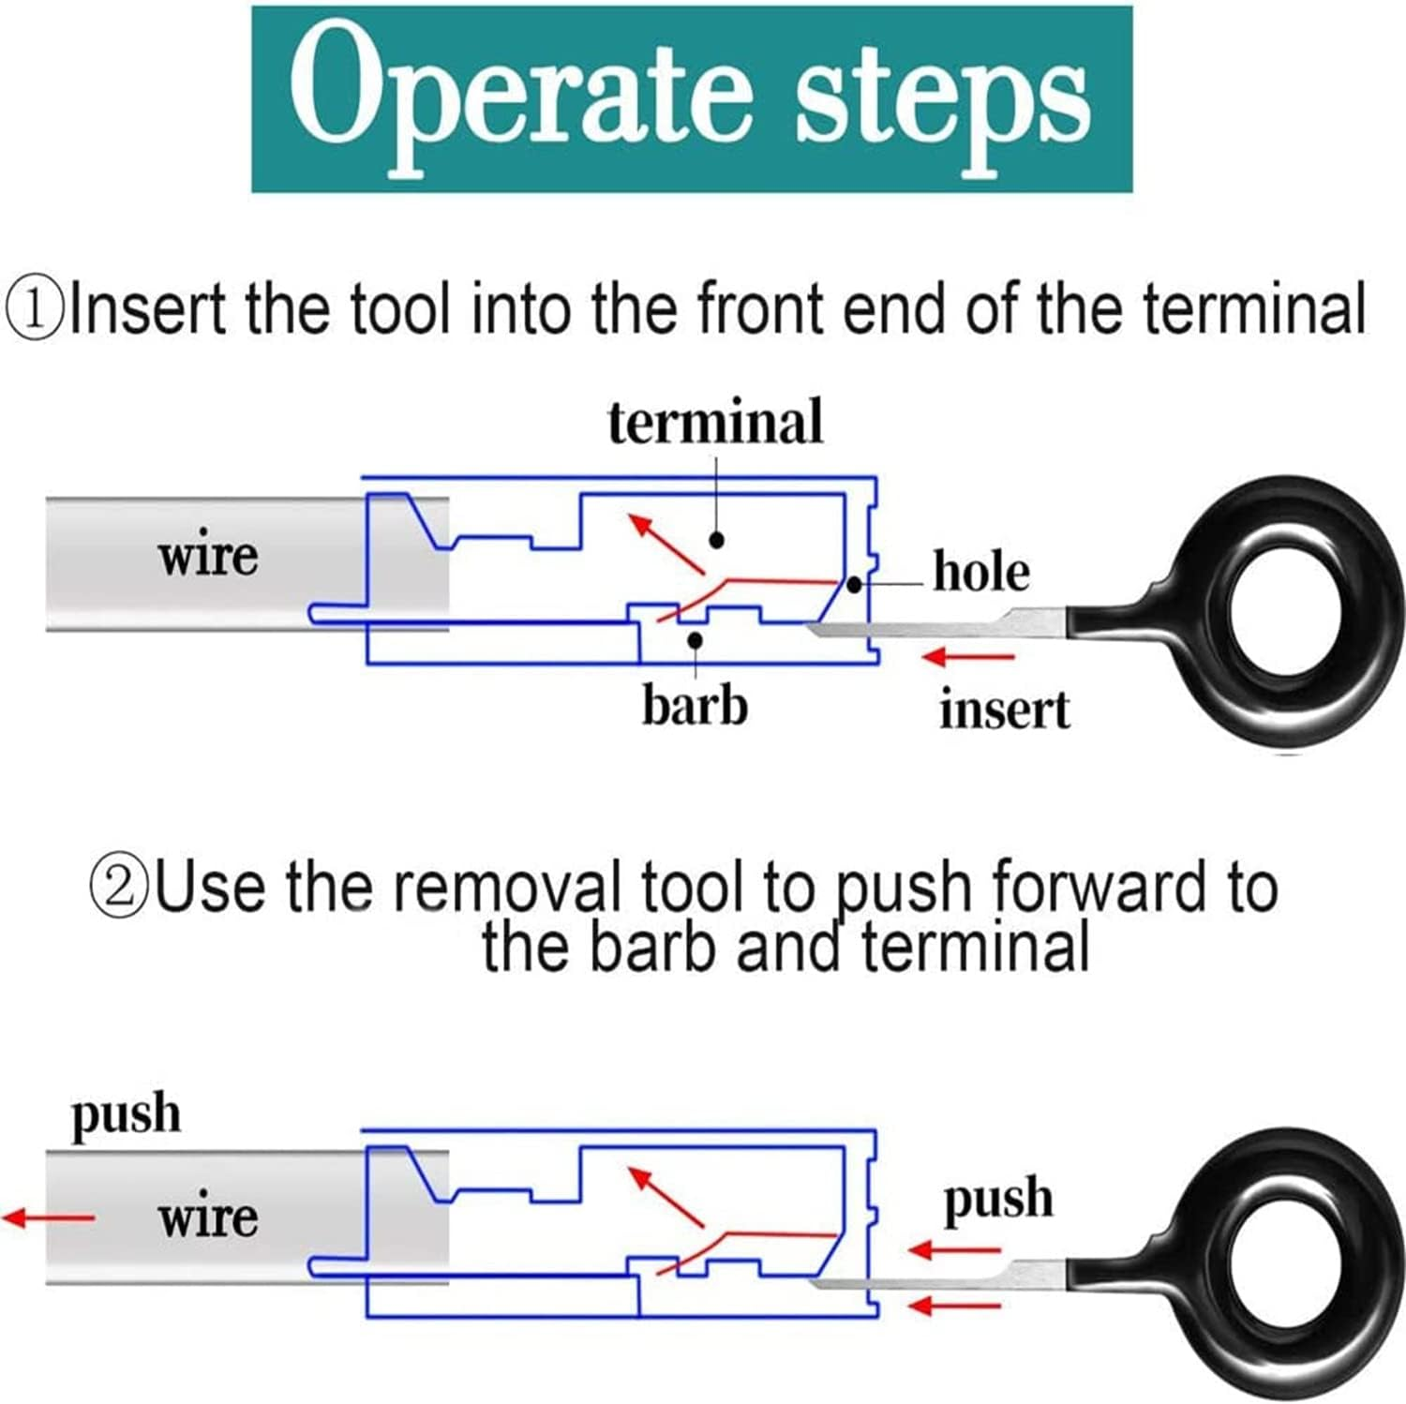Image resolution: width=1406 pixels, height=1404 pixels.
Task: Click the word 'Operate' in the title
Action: coord(521,99)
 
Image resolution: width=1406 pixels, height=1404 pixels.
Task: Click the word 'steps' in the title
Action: coord(941,99)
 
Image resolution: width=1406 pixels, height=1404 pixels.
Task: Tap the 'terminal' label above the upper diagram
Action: coord(715,422)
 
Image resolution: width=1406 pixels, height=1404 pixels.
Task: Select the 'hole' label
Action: coord(981,571)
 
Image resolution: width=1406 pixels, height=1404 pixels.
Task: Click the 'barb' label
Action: coord(695,704)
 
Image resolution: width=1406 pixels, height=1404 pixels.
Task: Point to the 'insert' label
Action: coord(1004,709)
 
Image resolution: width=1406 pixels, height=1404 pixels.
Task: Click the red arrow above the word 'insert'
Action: coord(968,657)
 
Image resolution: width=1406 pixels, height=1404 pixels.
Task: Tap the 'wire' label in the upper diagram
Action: coord(207,556)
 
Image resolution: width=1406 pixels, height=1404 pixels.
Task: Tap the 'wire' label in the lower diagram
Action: coord(207,1217)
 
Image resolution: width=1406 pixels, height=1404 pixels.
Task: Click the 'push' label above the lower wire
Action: coord(126,1115)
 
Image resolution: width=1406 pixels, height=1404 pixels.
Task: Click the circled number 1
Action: coord(36,310)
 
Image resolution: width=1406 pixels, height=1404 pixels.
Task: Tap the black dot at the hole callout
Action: coord(854,585)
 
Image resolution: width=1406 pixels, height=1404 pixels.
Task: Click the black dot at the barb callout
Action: coord(695,640)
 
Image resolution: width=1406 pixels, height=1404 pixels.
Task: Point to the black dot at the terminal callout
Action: coord(717,540)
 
